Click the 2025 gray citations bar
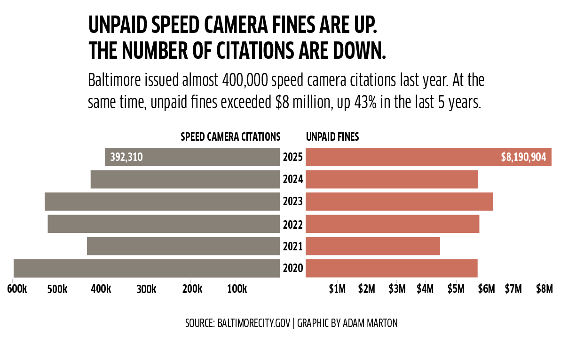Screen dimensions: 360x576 tap(212, 157)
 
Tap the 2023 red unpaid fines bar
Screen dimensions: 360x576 tap(399, 201)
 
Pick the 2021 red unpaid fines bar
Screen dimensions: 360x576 tap(373, 246)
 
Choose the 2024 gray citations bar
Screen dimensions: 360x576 tap(185, 179)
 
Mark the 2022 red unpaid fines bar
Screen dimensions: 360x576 tap(393, 224)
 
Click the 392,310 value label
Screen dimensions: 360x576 tap(126, 157)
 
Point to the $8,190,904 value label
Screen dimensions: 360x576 tap(523, 157)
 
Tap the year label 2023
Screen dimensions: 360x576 tap(293, 202)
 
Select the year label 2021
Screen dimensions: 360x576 tap(293, 247)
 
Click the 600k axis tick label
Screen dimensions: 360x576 tap(17, 289)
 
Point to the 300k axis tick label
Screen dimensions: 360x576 tap(146, 289)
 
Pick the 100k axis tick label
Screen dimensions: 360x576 tap(237, 289)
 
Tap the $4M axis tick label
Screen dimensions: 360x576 tap(425, 289)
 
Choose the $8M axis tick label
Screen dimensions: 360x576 tap(544, 289)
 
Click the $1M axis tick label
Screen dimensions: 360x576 tap(337, 289)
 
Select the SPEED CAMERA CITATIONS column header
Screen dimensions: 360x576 tap(230, 137)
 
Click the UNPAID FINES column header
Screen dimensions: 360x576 tap(332, 137)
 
